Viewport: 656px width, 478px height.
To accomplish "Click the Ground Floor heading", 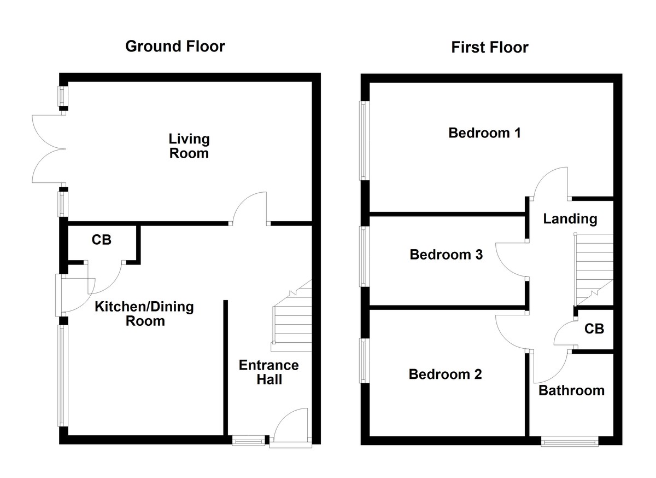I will tap(175, 46).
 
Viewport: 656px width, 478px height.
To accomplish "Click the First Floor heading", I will tap(489, 48).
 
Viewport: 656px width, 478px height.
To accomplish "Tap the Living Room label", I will tap(189, 146).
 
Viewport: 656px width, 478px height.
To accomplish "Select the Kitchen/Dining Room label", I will tap(144, 313).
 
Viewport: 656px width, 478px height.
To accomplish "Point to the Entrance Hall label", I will tap(269, 372).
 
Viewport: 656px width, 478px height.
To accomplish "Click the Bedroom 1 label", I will tap(484, 133).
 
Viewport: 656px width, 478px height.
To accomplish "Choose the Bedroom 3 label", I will tap(446, 255).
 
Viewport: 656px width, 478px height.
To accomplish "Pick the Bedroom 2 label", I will tap(445, 375).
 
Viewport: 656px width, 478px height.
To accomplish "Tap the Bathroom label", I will tap(571, 390).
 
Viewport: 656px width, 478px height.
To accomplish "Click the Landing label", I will tap(570, 219).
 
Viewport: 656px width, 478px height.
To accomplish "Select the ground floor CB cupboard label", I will tap(101, 239).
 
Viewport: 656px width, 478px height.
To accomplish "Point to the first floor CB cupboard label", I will tap(594, 329).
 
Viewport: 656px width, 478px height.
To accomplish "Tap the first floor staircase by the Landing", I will tap(594, 268).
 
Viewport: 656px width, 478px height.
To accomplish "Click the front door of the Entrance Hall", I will tap(292, 427).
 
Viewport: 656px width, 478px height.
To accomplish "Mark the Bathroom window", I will tap(569, 440).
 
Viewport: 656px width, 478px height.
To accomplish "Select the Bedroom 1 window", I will tap(364, 140).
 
